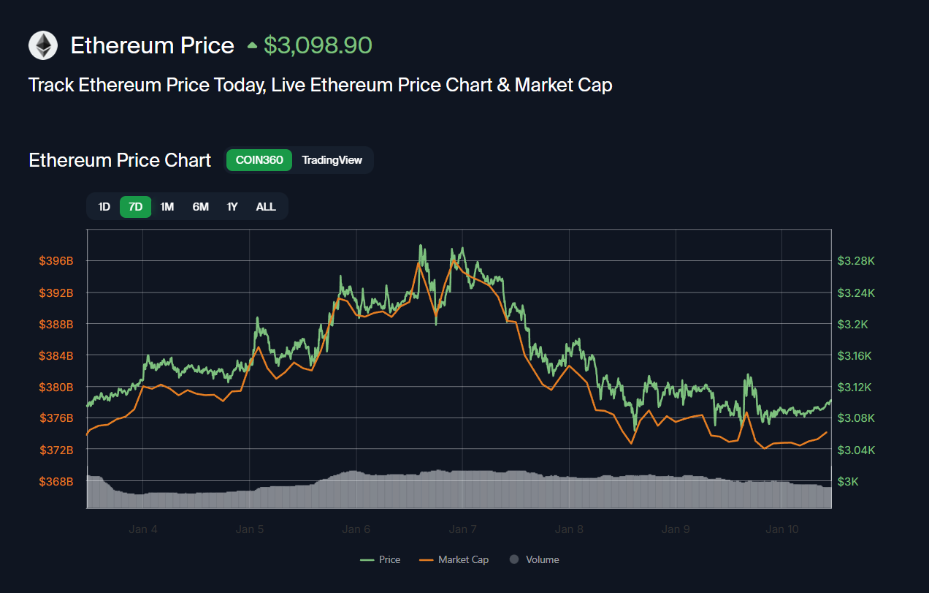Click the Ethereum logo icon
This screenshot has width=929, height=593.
[43, 45]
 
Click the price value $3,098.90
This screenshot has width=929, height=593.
[318, 45]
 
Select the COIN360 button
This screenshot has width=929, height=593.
[259, 160]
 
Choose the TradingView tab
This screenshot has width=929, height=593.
[332, 160]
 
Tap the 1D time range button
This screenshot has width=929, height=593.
[104, 207]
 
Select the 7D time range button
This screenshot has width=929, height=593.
[135, 207]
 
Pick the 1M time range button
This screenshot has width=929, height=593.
[167, 207]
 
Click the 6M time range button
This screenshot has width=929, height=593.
[200, 207]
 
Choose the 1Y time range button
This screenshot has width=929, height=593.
[232, 207]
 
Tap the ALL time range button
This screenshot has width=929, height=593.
[266, 207]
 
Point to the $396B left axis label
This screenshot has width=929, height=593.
[56, 261]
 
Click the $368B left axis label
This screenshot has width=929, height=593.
[56, 481]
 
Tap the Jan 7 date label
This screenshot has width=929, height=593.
[462, 529]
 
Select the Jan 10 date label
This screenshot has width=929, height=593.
[782, 529]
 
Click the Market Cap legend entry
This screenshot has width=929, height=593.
[454, 559]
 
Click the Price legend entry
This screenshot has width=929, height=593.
[381, 559]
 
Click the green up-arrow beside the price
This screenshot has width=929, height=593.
[252, 46]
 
